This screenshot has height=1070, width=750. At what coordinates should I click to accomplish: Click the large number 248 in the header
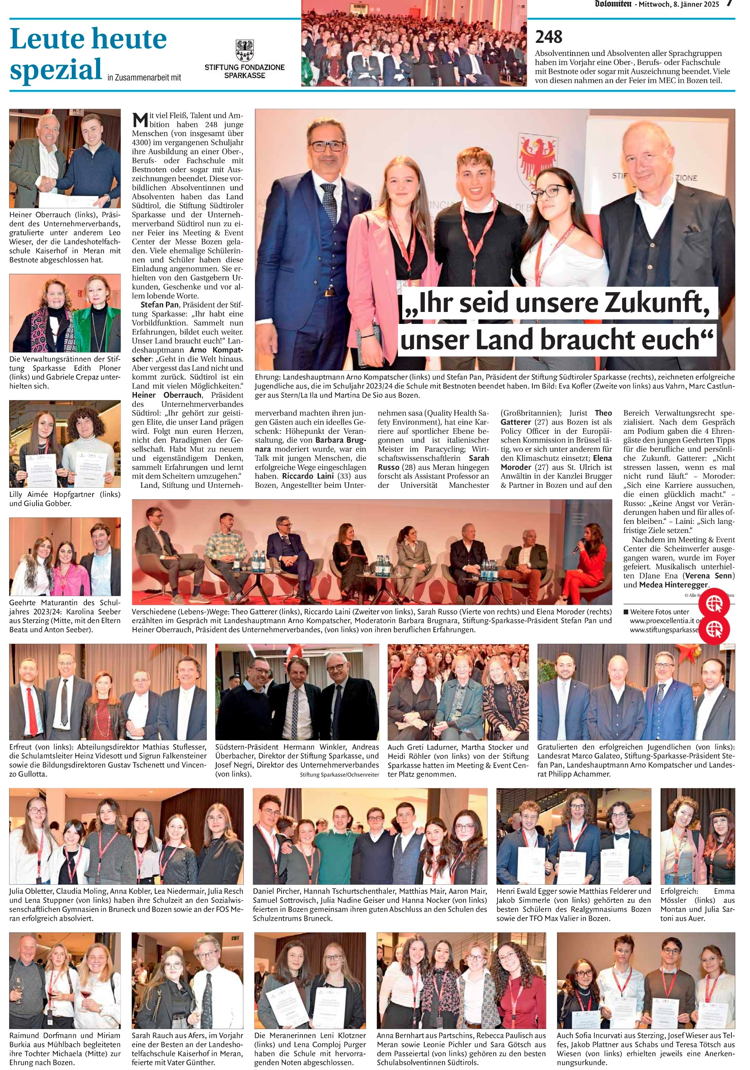pyautogui.click(x=549, y=37)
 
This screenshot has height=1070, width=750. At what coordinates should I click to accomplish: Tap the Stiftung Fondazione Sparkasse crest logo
pyautogui.click(x=244, y=51)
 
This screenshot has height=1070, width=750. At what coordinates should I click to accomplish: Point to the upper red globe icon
pyautogui.click(x=713, y=604)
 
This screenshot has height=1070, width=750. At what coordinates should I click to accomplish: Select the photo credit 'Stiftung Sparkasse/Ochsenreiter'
pyautogui.click(x=339, y=775)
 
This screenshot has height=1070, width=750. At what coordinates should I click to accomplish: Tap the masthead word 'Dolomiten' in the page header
pyautogui.click(x=613, y=4)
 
